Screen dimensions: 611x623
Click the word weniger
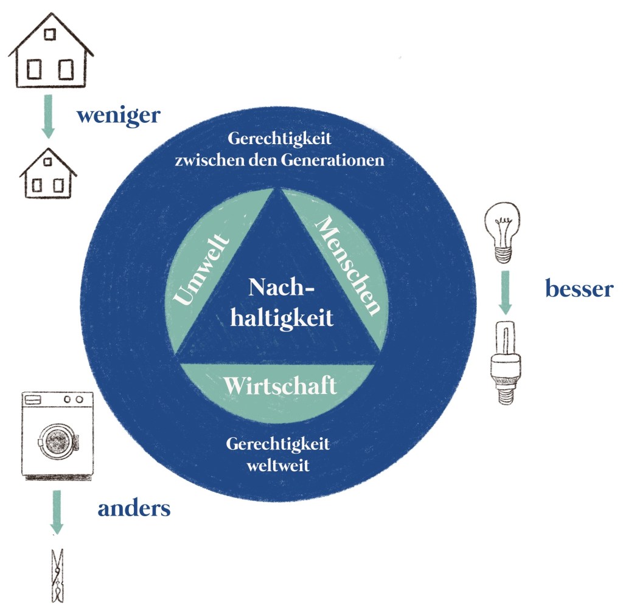117,116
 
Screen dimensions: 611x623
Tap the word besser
579,289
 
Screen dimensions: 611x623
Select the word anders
134,508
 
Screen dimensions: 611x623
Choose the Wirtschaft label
279,385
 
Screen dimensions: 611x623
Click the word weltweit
277,466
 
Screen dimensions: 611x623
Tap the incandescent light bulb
503,232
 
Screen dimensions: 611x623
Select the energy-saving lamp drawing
504,361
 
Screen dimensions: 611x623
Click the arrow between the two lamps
505,291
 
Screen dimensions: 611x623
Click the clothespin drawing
57,575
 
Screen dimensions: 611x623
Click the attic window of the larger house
50,33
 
